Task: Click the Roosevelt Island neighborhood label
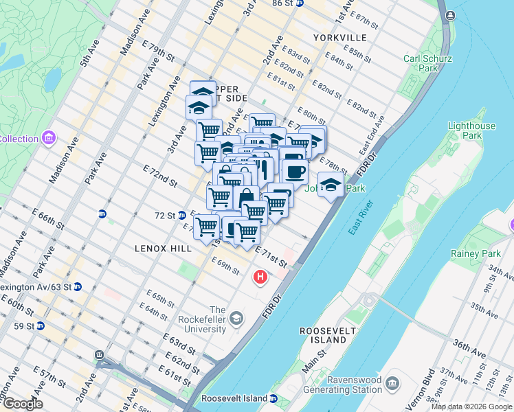324,335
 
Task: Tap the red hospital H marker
260,277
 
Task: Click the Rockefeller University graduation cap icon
236,317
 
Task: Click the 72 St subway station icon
182,215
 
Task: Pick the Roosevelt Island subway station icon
273,398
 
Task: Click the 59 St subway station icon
41,325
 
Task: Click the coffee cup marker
295,171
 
